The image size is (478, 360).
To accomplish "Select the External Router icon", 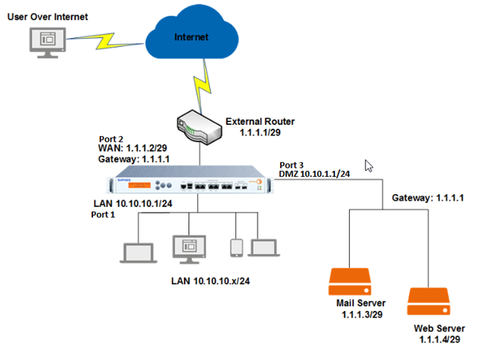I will tap(197, 126).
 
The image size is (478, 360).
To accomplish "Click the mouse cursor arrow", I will tap(368, 165).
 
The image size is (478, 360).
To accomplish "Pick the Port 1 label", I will tap(103, 215).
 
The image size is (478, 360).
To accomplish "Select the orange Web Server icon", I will tap(429, 302).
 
